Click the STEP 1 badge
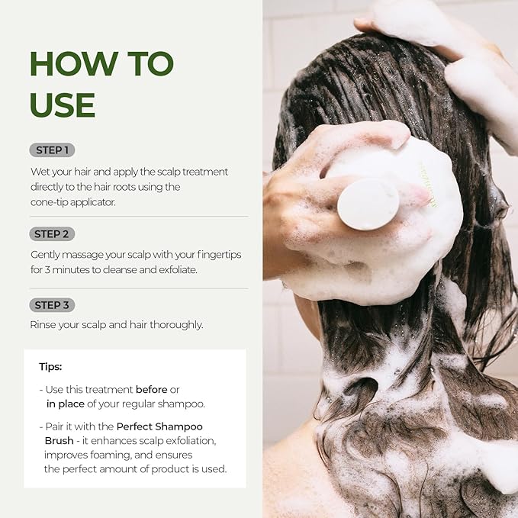pyautogui.click(x=52, y=150)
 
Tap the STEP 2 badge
pyautogui.click(x=52, y=234)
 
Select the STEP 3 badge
pyautogui.click(x=52, y=305)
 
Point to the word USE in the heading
pyautogui.click(x=63, y=105)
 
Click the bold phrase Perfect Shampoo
pyautogui.click(x=159, y=426)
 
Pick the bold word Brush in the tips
pyautogui.click(x=59, y=441)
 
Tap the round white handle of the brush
pyautogui.click(x=368, y=204)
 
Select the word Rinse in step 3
pyautogui.click(x=43, y=325)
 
